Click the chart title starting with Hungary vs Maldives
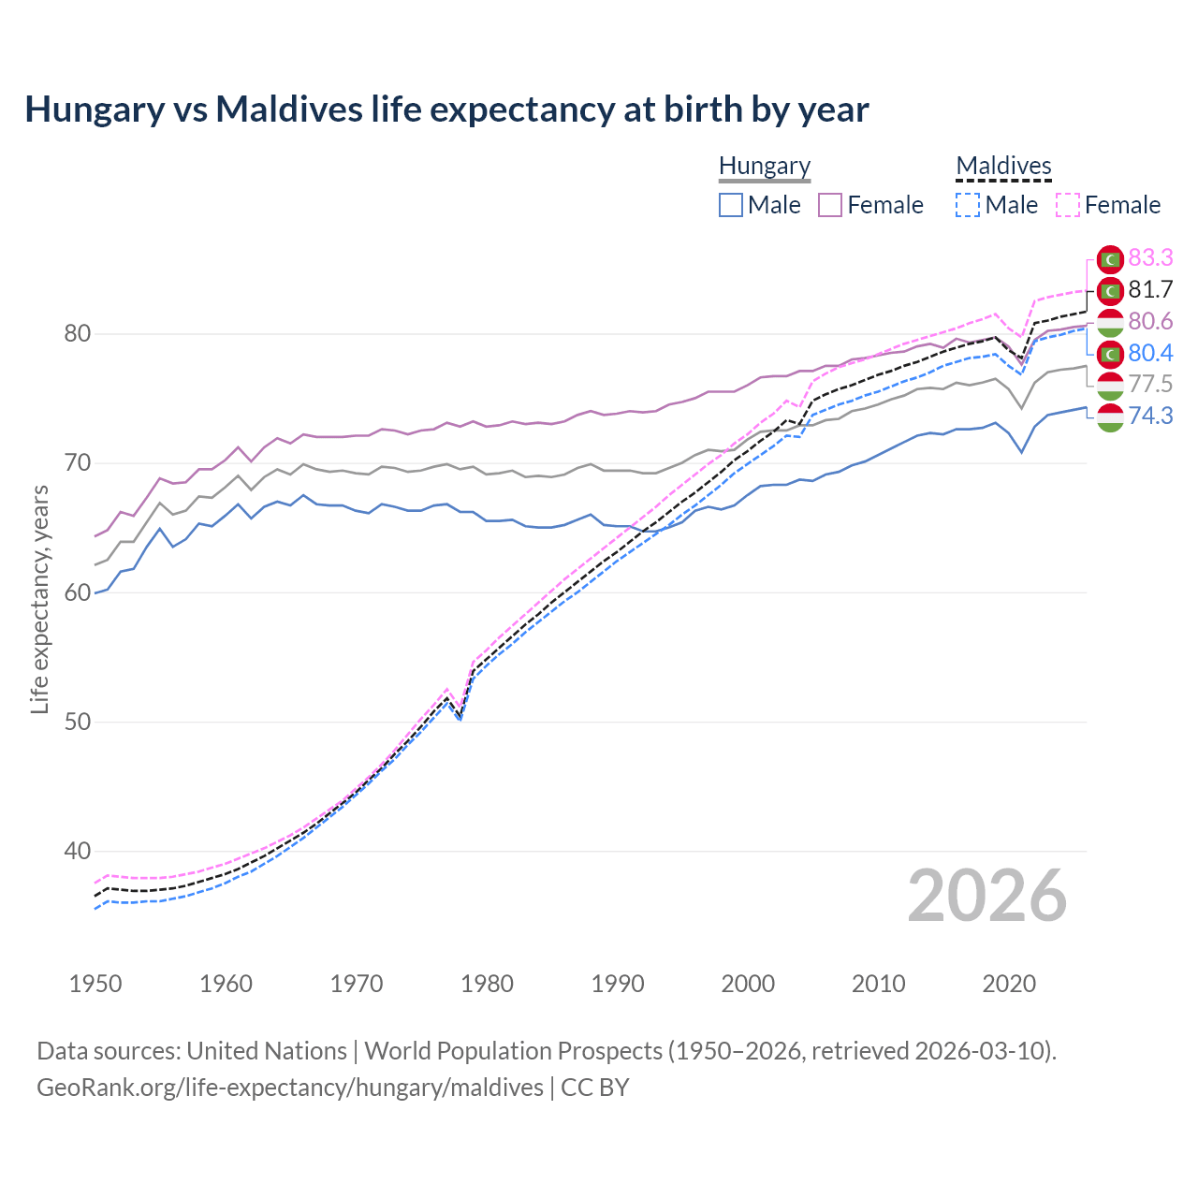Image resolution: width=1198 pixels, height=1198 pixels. coord(446,110)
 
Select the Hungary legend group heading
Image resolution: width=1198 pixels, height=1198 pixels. coord(764,166)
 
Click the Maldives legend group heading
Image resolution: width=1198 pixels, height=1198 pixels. coord(1003,166)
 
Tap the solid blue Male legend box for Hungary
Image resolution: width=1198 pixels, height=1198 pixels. coord(731,205)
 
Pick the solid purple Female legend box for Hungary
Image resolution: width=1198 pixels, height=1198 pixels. coord(830,205)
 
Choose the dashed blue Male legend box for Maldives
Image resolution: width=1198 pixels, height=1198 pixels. coord(968,205)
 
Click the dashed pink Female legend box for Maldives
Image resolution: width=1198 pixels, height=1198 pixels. coord(1068,205)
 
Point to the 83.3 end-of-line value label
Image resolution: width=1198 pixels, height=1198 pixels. coord(1150,257)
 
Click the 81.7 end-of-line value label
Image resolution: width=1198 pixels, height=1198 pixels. coord(1150,289)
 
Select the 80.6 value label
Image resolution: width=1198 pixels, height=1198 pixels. coord(1150,321)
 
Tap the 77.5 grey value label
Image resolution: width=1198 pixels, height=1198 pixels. coord(1150,384)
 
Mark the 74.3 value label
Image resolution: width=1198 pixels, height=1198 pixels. coord(1150,416)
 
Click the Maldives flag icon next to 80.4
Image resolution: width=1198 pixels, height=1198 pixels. coord(1110,353)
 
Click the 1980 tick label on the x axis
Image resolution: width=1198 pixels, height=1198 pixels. coord(487,984)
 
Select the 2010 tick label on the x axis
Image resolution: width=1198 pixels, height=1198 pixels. coord(878,984)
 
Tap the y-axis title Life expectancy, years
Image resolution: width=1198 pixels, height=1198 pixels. coord(39,599)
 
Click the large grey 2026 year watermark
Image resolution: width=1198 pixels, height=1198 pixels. coord(986,896)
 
